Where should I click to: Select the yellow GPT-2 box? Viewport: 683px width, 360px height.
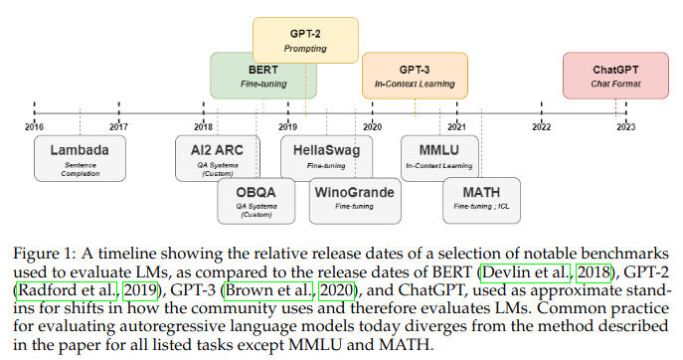pyautogui.click(x=305, y=40)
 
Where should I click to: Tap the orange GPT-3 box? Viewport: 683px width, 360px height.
pyautogui.click(x=415, y=76)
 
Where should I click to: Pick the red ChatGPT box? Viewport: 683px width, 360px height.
pyautogui.click(x=615, y=76)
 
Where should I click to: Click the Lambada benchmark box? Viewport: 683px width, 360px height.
pyautogui.click(x=81, y=158)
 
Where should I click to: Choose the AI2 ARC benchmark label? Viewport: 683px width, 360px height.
pyautogui.click(x=217, y=150)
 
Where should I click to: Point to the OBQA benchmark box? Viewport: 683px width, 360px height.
pyautogui.click(x=256, y=201)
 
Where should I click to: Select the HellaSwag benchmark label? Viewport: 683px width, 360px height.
pyautogui.click(x=326, y=150)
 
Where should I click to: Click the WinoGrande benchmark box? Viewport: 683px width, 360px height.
pyautogui.click(x=355, y=201)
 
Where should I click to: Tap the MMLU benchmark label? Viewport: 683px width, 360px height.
pyautogui.click(x=439, y=150)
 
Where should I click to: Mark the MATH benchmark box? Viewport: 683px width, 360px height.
pyautogui.click(x=481, y=201)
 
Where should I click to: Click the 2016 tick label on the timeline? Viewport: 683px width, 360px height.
pyautogui.click(x=34, y=127)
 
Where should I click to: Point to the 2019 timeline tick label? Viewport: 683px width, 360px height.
pyautogui.click(x=288, y=127)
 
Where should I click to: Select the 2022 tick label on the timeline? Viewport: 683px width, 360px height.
pyautogui.click(x=542, y=127)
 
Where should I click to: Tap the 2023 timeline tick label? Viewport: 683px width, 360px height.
pyautogui.click(x=626, y=127)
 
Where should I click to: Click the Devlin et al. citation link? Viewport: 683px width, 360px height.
pyautogui.click(x=526, y=272)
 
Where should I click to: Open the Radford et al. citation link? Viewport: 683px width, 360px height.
pyautogui.click(x=67, y=290)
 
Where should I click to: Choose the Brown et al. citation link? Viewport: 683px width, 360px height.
pyautogui.click(x=268, y=290)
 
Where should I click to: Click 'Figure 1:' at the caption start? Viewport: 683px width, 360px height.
pyautogui.click(x=45, y=255)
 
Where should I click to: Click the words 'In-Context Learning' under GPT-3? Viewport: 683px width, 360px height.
pyautogui.click(x=415, y=84)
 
